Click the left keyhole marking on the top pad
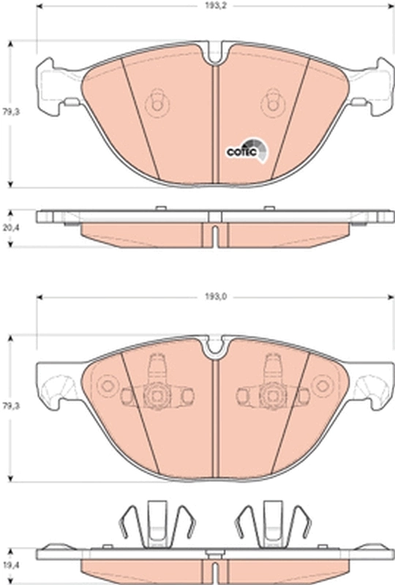coord(156,104)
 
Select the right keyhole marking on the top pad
coord(274,104)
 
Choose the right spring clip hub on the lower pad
coord(271,396)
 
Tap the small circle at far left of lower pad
coord(109,386)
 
